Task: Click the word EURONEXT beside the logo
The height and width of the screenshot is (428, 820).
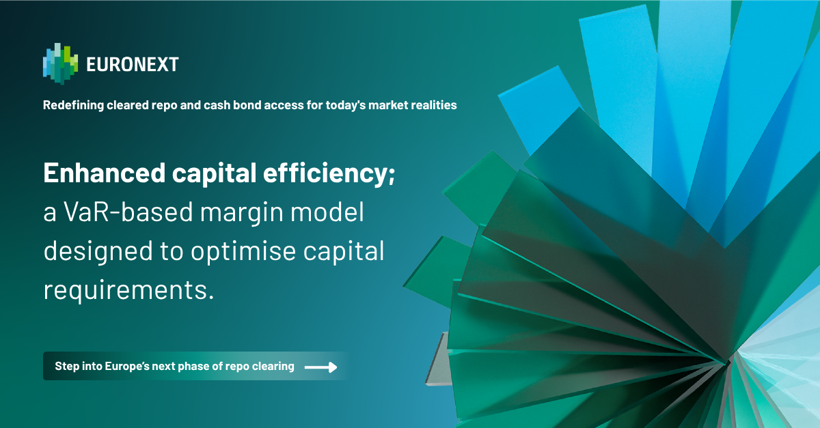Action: [133, 65]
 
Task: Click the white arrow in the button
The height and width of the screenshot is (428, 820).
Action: [320, 367]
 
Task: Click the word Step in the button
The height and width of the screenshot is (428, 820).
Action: [67, 367]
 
